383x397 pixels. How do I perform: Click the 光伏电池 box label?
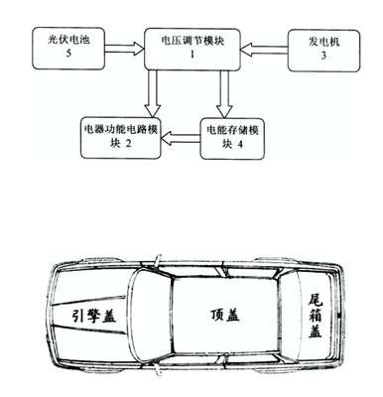coord(68,41)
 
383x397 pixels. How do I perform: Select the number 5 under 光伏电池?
coord(68,54)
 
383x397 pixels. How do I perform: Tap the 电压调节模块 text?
coord(192,41)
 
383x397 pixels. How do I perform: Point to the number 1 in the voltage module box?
coord(192,54)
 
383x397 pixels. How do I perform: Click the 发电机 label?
coord(323,43)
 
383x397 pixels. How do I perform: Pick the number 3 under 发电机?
coord(323,56)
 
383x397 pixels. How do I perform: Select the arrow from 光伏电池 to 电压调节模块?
coord(125,49)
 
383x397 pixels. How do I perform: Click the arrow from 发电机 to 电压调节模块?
coord(264,50)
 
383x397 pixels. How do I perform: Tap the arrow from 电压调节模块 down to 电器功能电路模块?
coord(152,93)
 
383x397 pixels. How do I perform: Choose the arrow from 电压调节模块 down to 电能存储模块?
coord(224,93)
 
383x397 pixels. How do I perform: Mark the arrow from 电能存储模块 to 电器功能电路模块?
coord(181,138)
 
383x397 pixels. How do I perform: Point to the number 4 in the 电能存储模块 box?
coord(240,144)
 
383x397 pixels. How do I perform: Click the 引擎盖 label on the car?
coord(94,317)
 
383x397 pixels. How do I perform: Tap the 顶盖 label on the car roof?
coord(225,315)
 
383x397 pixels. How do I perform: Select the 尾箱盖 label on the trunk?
coord(316,316)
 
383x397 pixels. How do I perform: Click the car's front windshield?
coord(152,315)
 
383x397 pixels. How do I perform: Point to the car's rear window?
coord(288,315)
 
